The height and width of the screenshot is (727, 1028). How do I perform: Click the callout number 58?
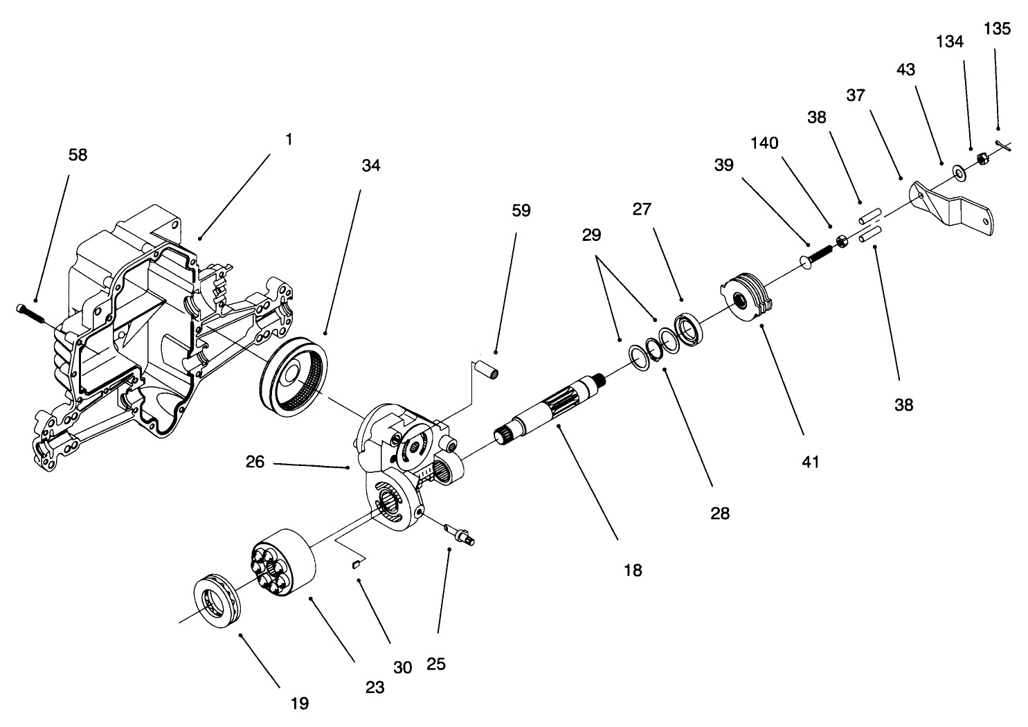[78, 155]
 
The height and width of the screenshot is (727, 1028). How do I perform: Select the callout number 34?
[370, 165]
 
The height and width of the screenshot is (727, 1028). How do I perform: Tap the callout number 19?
[299, 703]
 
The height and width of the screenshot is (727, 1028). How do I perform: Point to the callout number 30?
[402, 667]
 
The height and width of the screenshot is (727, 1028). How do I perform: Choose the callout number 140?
[764, 143]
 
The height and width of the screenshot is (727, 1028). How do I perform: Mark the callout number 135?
[997, 28]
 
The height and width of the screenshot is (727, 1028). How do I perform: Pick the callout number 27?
[642, 208]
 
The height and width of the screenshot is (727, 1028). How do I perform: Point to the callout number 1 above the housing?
[289, 139]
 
